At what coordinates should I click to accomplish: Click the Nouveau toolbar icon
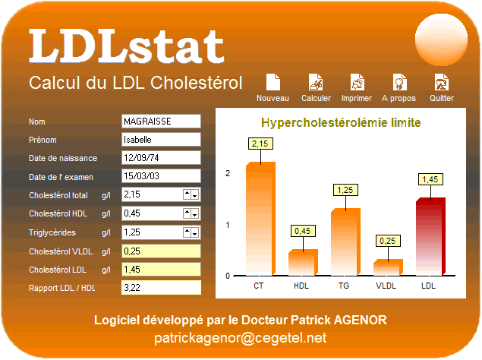pyautogui.click(x=273, y=82)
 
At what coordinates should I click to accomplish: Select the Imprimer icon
pyautogui.click(x=358, y=82)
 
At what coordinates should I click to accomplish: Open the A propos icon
pyautogui.click(x=399, y=82)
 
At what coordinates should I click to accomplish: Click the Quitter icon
pyautogui.click(x=442, y=82)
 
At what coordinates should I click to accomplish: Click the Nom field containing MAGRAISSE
pyautogui.click(x=161, y=122)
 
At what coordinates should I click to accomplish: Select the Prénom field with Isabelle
pyautogui.click(x=161, y=140)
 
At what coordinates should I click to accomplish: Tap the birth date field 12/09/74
pyautogui.click(x=161, y=157)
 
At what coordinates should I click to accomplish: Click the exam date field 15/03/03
pyautogui.click(x=161, y=176)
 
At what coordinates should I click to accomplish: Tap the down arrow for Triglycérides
pyautogui.click(x=195, y=233)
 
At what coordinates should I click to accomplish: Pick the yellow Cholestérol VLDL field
pyautogui.click(x=161, y=251)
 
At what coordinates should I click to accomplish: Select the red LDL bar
pyautogui.click(x=430, y=236)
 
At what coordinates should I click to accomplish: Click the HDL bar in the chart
pyautogui.click(x=303, y=262)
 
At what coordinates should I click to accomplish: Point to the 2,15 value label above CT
pyautogui.click(x=260, y=144)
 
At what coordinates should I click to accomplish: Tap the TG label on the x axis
pyautogui.click(x=344, y=286)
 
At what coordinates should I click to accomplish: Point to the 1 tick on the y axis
pyautogui.click(x=228, y=225)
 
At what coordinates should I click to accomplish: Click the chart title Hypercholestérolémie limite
pyautogui.click(x=341, y=123)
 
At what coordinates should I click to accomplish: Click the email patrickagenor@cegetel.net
pyautogui.click(x=240, y=338)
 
